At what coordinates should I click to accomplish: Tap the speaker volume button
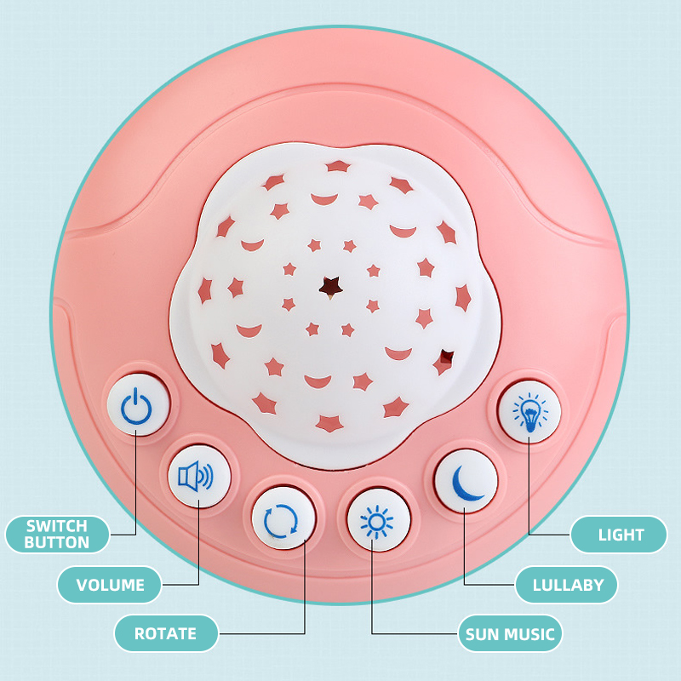point(195,476)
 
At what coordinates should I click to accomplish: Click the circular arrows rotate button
point(282,519)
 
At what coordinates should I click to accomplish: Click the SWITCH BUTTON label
point(57,534)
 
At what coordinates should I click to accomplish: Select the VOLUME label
point(110,585)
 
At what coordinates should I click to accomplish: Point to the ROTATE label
point(165,633)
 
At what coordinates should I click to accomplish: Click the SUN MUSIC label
point(510,634)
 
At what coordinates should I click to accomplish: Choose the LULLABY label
point(568,585)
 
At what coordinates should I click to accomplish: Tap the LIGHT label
point(621,535)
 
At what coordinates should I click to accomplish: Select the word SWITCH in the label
point(57,526)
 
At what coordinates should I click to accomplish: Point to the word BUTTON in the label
point(57,542)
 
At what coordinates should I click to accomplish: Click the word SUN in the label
point(480,634)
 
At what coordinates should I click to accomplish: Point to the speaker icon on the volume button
point(195,476)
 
